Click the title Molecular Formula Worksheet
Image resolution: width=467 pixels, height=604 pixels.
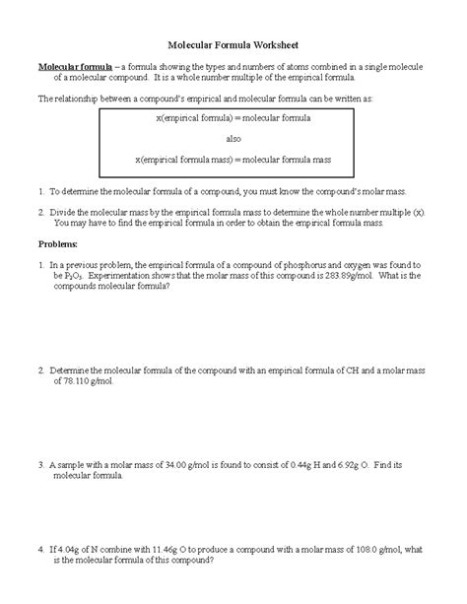pos(233,45)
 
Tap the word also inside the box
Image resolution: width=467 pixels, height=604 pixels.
pos(233,139)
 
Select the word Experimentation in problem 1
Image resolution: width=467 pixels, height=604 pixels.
pos(119,276)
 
